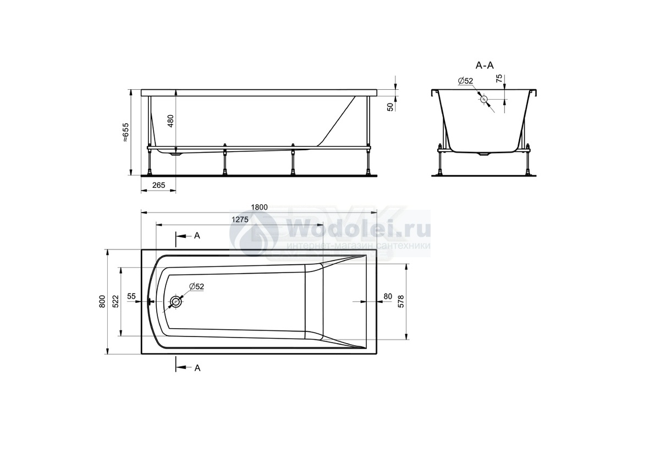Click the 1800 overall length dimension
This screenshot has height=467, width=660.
[259, 208]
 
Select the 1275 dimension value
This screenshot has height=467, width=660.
[240, 220]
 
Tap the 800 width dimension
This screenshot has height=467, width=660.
[102, 301]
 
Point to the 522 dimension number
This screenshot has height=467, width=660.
[116, 301]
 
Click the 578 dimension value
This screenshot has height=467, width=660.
[401, 301]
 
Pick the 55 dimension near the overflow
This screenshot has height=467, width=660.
[131, 296]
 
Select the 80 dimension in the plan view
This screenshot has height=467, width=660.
[388, 296]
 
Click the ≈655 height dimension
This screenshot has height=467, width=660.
[126, 133]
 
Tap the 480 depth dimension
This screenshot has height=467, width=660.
[171, 121]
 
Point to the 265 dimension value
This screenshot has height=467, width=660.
[159, 185]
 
